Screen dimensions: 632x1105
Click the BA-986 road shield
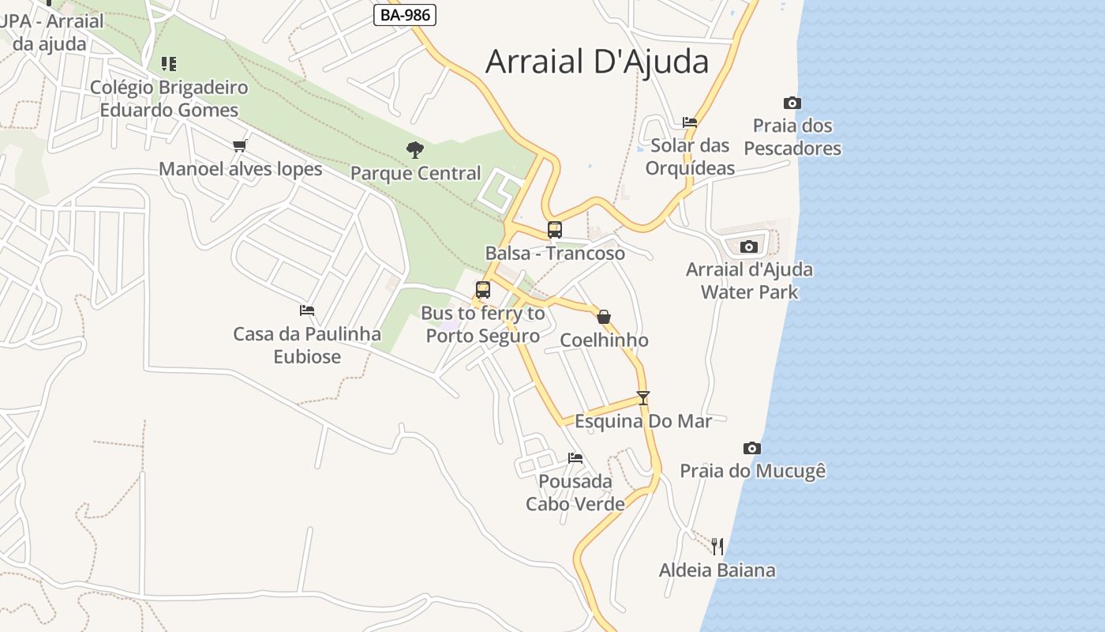[405, 14]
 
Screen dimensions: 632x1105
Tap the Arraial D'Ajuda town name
[597, 62]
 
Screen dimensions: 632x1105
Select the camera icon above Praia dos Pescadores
[792, 103]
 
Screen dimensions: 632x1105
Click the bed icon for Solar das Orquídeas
[690, 122]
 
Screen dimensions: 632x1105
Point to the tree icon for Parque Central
[414, 149]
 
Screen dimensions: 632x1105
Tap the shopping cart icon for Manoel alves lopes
[240, 145]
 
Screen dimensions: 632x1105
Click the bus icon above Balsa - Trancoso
[555, 230]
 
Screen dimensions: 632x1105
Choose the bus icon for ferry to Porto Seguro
[483, 289]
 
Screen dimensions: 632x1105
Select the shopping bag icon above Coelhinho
[604, 317]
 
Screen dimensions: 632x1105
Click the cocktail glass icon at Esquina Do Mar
[643, 397]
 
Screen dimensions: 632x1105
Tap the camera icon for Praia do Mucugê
[752, 448]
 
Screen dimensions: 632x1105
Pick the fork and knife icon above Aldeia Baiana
[717, 546]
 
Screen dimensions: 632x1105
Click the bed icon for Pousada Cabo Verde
[575, 458]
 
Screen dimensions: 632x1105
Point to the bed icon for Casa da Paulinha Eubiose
[307, 310]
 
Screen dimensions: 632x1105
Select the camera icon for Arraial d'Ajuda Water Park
[749, 246]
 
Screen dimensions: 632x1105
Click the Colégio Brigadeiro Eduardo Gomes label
[169, 99]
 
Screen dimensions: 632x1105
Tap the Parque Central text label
[416, 173]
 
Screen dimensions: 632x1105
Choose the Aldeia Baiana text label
[717, 570]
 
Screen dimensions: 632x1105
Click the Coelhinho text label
[604, 340]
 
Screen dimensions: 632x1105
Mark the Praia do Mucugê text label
[753, 472]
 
